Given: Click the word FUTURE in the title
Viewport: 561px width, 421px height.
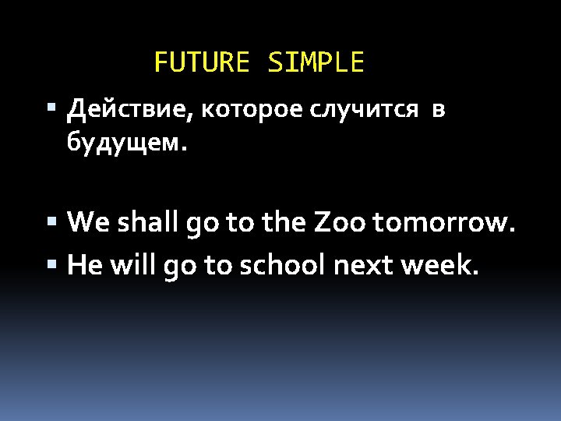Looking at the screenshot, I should (202, 62).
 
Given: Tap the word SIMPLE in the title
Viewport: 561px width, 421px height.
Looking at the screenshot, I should (316, 62).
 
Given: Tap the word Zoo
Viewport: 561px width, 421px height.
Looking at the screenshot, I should (341, 225).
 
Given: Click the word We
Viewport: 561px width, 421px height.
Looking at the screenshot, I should (88, 225).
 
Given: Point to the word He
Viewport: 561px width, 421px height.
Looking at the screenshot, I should (85, 266).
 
